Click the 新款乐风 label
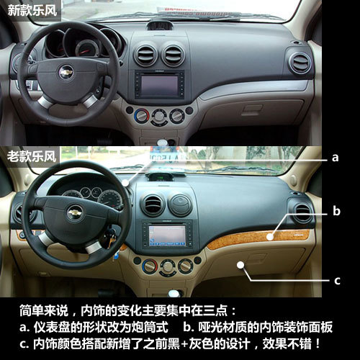32,11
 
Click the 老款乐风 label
32,157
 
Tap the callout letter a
336,158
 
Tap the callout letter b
336,211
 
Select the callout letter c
337,280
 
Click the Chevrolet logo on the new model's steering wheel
66,72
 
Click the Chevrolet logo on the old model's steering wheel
75,212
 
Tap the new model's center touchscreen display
159,85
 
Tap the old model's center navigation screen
167,235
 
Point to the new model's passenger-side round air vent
300,63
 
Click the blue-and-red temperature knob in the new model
142,116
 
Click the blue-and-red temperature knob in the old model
150,266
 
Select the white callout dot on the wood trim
270,237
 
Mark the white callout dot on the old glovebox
240,265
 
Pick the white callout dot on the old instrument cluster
125,183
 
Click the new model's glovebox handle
252,109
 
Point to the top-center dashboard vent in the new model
160,25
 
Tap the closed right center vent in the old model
181,204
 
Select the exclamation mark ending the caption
318,343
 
